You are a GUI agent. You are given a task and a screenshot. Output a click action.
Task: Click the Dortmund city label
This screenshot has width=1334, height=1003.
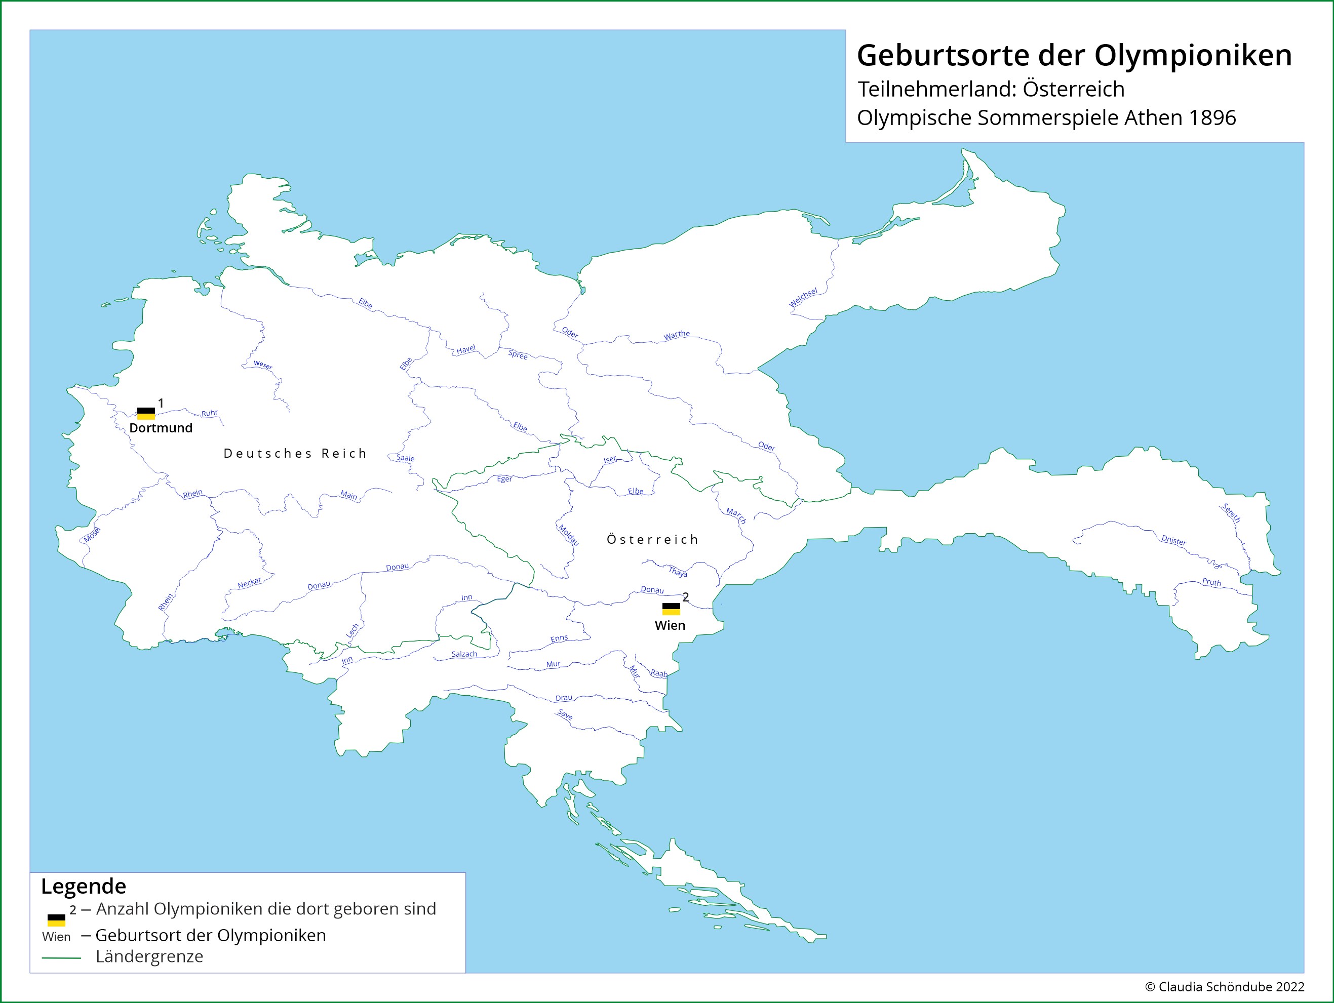tap(161, 428)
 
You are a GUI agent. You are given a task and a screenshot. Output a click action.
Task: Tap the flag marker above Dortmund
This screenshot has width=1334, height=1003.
tap(146, 414)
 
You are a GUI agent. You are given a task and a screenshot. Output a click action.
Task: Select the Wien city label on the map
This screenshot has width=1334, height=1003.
tap(670, 626)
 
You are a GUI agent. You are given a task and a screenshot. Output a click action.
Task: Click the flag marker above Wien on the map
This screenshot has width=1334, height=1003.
tap(671, 609)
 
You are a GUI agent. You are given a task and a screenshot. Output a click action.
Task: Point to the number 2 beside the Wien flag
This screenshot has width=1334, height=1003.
tap(686, 597)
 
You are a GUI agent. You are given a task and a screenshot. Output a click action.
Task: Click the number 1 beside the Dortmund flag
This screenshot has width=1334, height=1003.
tap(161, 403)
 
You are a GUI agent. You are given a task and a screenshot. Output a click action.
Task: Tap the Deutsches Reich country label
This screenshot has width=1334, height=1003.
tap(295, 453)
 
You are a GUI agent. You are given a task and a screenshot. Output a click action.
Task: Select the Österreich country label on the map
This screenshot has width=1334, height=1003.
tap(652, 540)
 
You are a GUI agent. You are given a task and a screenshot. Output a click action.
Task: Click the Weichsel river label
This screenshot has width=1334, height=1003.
tap(803, 297)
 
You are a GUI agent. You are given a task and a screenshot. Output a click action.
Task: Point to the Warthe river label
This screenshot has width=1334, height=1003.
tap(677, 335)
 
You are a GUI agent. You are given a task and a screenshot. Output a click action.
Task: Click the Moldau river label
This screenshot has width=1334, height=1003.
tap(568, 535)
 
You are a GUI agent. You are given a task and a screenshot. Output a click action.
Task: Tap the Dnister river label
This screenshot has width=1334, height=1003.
tap(1173, 541)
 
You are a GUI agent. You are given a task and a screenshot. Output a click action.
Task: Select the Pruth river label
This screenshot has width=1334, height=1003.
tap(1211, 582)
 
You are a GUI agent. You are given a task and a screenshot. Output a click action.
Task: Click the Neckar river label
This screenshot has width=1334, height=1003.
tap(249, 583)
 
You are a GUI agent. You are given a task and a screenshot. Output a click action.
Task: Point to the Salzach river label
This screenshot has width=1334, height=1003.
tap(464, 654)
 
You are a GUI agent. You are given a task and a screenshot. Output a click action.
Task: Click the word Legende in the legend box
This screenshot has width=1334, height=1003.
tap(84, 886)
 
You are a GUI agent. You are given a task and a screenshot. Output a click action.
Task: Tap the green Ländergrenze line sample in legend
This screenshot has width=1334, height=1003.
tap(61, 957)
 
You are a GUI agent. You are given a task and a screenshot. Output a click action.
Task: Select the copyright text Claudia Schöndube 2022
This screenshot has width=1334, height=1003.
tap(1230, 987)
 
